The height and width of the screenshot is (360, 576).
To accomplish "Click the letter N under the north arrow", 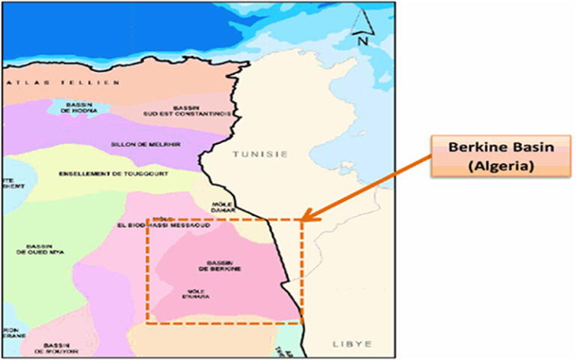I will pyautogui.click(x=361, y=42).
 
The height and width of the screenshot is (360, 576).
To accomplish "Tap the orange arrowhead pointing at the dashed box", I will pyautogui.click(x=309, y=218).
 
